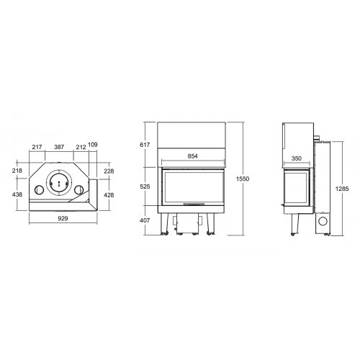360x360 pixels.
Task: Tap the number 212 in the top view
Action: (x=81, y=147)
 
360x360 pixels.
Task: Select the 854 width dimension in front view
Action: (x=192, y=156)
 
